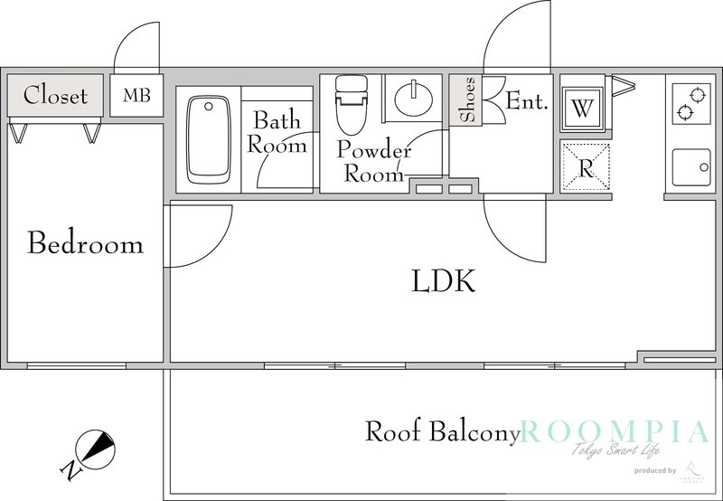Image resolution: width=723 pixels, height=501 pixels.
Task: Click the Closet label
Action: (x=55, y=95)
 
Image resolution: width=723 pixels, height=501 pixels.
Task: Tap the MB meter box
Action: (x=136, y=95)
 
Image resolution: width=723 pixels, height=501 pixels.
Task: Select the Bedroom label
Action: (x=85, y=243)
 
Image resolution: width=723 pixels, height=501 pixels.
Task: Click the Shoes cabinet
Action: (x=466, y=100)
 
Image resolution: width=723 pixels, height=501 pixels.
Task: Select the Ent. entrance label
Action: (x=527, y=100)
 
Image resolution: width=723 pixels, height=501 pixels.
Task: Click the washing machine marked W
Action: (x=583, y=109)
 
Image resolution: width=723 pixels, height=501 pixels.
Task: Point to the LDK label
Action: (x=443, y=282)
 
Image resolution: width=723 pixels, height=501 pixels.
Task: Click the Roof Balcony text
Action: (x=442, y=431)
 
